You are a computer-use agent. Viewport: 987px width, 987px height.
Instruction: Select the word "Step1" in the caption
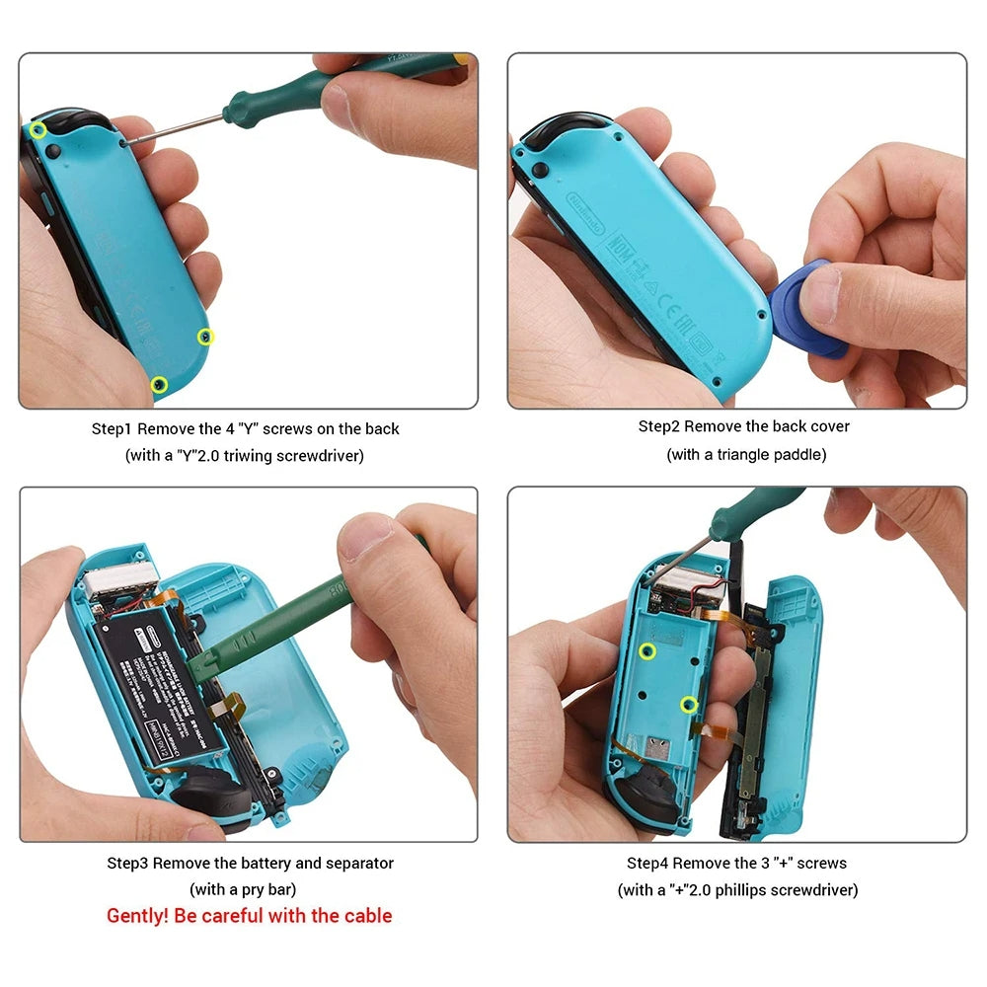(113, 428)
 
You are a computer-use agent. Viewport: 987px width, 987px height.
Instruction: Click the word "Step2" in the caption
(659, 426)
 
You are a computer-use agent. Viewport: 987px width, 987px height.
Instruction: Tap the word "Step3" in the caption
(127, 863)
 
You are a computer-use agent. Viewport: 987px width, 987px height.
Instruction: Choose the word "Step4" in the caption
(648, 863)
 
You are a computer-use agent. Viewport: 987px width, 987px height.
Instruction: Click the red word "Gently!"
(138, 916)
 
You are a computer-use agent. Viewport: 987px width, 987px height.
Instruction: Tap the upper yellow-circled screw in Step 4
(647, 649)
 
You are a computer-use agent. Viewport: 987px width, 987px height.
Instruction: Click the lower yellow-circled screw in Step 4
(690, 704)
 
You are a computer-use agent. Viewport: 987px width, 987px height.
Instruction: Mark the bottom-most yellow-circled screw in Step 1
(158, 383)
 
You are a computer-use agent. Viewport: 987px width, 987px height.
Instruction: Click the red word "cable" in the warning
(367, 916)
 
